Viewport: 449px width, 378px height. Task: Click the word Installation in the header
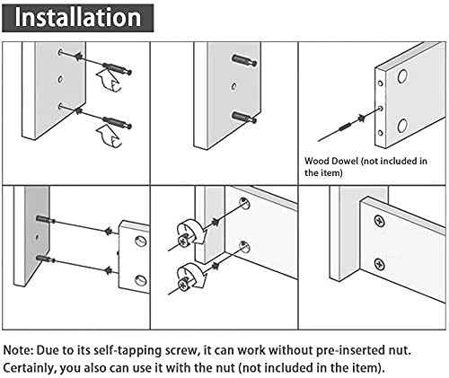[x=79, y=17]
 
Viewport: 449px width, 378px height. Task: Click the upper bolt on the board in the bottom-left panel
[x=46, y=219]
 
